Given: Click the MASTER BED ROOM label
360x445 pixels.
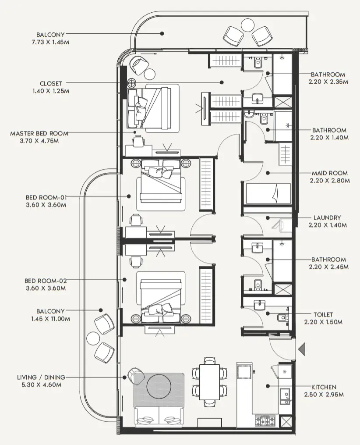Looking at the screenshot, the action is [x=39, y=133].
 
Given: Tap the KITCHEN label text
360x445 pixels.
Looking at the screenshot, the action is [x=324, y=387].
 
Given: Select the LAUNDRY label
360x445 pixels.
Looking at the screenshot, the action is [x=327, y=217].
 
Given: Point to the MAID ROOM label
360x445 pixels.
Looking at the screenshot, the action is [x=330, y=173].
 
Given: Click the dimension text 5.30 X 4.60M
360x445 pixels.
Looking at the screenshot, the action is [x=41, y=385].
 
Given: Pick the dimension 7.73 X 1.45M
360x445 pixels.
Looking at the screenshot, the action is [x=50, y=42].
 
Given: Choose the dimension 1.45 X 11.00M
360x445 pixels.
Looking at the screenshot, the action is [x=51, y=319].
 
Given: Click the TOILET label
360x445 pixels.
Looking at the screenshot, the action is [x=323, y=314].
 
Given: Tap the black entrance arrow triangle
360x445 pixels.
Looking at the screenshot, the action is [x=302, y=349].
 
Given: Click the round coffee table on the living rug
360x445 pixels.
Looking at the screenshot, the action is [x=159, y=386].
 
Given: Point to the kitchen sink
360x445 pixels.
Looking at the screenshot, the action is [x=285, y=396].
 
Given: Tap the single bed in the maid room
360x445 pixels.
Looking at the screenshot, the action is [x=268, y=193].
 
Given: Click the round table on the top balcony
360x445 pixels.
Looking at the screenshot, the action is [x=248, y=25].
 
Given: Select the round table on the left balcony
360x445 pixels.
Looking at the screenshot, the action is [x=94, y=338].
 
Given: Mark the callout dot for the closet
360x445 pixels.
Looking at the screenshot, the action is [x=222, y=82].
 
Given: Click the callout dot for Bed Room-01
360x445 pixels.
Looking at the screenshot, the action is [x=129, y=196].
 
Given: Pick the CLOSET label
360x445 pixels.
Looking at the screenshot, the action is [x=51, y=84].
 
